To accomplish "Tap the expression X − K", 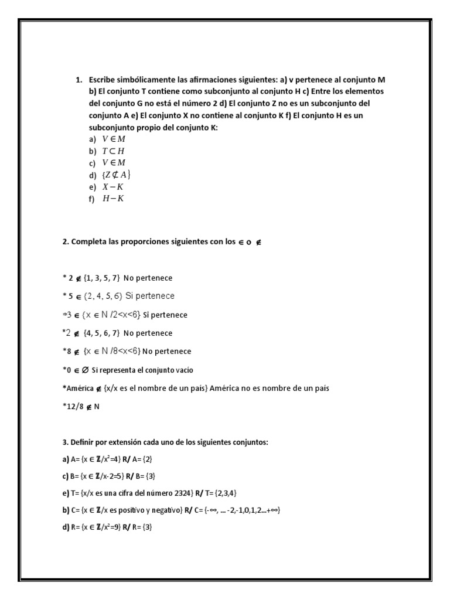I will pos(113,187).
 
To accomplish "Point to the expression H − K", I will pos(113,199).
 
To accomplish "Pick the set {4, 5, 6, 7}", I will pos(101,333).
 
